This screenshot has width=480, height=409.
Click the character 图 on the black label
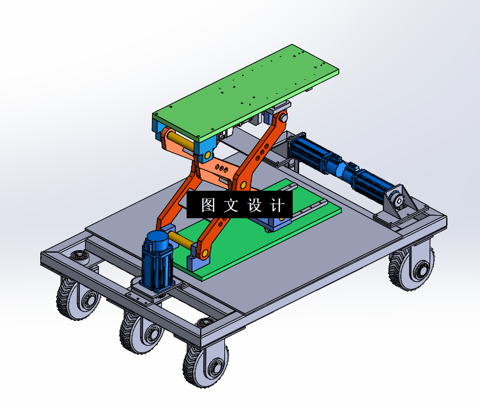tap(208, 204)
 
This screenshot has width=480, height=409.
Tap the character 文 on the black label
tap(231, 204)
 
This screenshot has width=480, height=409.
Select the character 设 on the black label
tap(254, 204)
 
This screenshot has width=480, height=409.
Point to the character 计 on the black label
tap(277, 204)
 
